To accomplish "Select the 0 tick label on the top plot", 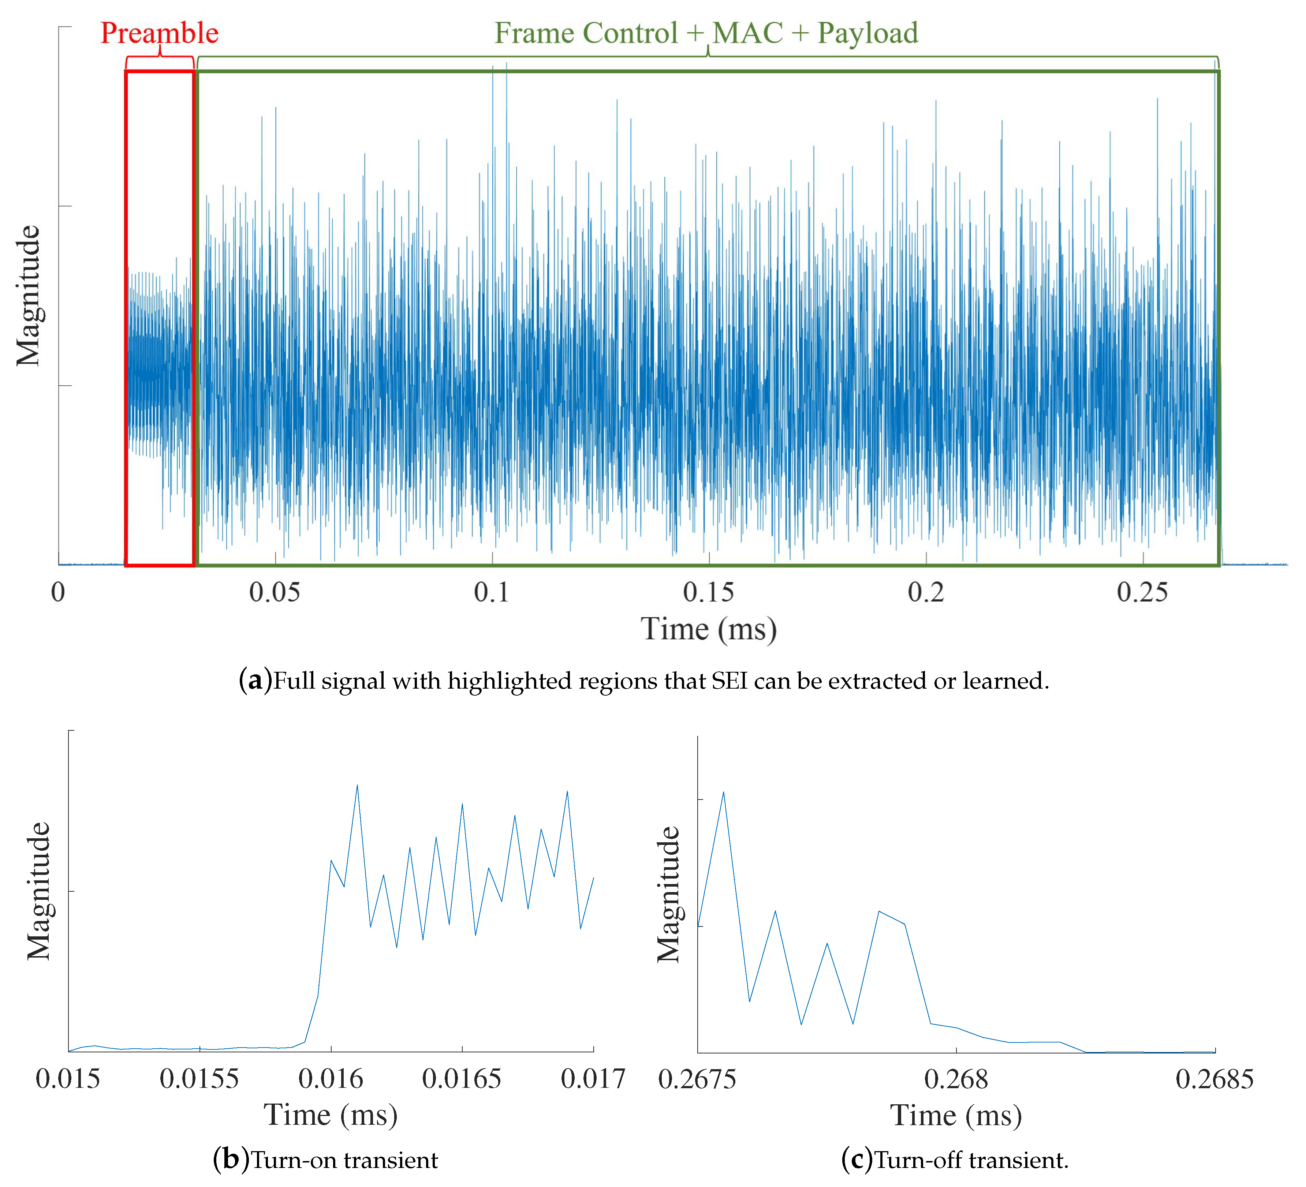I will point(58,592).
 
